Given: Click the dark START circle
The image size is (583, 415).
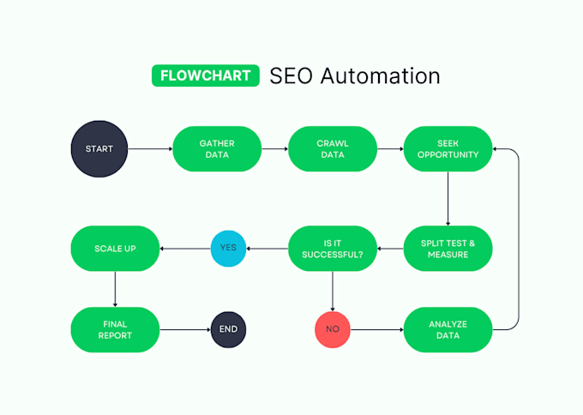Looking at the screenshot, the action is (x=99, y=148).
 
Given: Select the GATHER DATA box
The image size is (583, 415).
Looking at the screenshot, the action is (x=217, y=148).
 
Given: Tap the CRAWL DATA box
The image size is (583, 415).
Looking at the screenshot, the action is (x=333, y=148).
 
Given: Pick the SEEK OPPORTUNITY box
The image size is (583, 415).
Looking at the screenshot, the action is (x=448, y=148).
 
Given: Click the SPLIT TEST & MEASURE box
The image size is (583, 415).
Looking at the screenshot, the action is (x=448, y=249).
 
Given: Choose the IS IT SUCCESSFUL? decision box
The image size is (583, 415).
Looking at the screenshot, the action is (x=333, y=249).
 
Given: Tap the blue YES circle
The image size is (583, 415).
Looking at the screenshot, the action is (x=228, y=249).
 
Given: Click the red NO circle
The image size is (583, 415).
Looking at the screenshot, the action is (x=333, y=329).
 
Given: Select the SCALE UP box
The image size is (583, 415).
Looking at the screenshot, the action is (x=115, y=249).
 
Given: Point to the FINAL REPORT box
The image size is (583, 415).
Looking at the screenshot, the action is (x=115, y=329).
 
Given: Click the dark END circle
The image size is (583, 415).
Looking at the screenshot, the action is (x=228, y=329).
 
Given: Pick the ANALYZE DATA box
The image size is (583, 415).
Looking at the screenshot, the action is (x=448, y=329).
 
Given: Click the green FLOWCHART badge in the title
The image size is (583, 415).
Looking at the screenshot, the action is (x=206, y=75).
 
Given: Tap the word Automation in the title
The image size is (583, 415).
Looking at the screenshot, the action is (x=381, y=75).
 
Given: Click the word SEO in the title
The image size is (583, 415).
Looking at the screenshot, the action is (x=291, y=75).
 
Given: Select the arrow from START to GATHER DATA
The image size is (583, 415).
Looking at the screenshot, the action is (x=150, y=148).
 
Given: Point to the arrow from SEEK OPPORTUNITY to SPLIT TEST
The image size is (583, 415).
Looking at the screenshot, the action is (x=448, y=199).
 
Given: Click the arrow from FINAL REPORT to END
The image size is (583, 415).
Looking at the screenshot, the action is (x=185, y=329).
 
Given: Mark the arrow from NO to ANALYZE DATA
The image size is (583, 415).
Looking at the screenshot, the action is (x=377, y=329).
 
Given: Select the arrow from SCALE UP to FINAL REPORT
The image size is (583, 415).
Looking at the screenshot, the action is (x=115, y=289).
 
